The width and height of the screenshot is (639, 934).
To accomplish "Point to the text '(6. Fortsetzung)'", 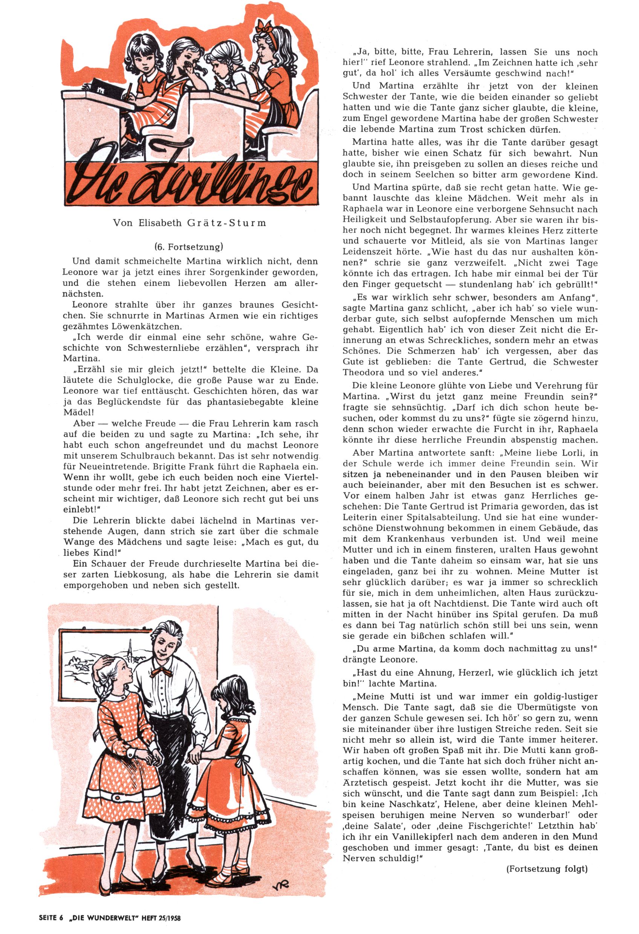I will [189, 246].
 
